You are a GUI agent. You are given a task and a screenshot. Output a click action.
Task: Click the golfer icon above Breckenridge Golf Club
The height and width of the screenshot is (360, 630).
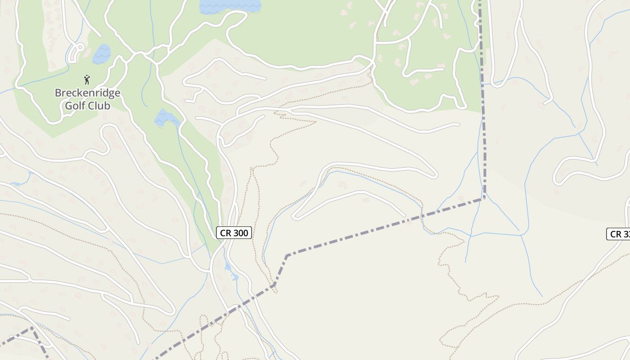87,80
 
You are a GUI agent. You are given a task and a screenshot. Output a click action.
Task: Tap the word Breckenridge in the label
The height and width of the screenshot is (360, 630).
87,93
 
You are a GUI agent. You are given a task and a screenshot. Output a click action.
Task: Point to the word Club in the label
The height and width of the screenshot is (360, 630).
99,106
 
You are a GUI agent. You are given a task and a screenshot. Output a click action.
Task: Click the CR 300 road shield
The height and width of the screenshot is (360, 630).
234,233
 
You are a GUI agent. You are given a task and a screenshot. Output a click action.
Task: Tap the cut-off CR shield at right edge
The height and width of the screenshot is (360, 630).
619,234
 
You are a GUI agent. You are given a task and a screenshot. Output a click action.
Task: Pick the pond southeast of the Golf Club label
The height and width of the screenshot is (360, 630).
166,118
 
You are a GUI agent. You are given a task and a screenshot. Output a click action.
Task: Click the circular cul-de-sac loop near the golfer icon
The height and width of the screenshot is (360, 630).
79,46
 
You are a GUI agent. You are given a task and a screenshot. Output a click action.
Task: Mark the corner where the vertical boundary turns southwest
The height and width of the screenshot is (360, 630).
484,197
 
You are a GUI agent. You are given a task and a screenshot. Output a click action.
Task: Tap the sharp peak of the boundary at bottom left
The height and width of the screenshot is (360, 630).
31,328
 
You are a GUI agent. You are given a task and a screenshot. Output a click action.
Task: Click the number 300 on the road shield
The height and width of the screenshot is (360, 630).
240,233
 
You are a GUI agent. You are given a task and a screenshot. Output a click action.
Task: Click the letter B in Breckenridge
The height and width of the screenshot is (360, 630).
58,93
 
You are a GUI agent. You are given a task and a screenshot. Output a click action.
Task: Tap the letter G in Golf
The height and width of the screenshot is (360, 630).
69,106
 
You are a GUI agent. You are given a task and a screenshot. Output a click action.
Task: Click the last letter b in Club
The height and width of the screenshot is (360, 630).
108,106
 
